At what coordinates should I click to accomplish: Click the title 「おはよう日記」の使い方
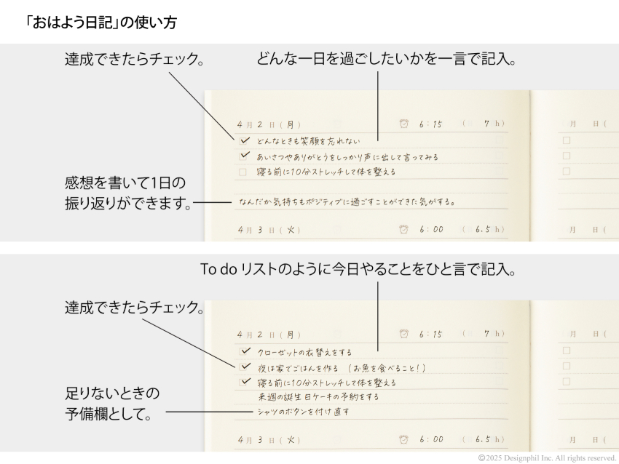tap(100, 23)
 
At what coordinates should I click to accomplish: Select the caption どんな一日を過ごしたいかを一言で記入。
tap(386, 60)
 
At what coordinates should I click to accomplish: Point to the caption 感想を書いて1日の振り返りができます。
tap(129, 193)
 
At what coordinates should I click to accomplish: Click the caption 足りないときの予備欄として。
tap(112, 404)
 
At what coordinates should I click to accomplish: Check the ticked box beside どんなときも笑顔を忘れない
tap(245, 140)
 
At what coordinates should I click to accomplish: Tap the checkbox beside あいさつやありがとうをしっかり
tap(245, 156)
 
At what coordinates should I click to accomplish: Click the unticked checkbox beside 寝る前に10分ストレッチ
tap(243, 172)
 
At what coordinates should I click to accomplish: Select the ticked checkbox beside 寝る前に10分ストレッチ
tap(245, 382)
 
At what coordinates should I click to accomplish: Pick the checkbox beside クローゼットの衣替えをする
tap(245, 351)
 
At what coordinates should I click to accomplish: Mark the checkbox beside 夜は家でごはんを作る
tap(245, 367)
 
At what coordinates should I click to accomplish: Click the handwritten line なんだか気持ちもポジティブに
tap(347, 202)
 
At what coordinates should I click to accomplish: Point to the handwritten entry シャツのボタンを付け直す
tap(304, 412)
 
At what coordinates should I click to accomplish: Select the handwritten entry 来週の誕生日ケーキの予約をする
tap(318, 396)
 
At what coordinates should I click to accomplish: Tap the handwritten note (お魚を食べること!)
tap(387, 368)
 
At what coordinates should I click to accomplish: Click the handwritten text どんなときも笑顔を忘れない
tap(309, 141)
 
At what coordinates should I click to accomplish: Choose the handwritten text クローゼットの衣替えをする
tap(304, 352)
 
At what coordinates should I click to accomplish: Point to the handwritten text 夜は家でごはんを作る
tap(298, 368)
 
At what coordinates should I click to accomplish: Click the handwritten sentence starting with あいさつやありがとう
tap(347, 157)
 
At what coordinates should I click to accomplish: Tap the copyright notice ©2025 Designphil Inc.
tap(547, 458)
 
